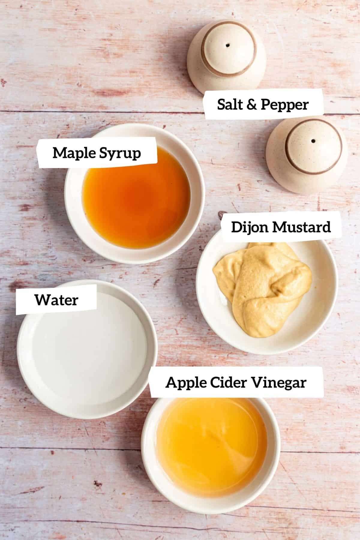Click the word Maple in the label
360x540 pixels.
pos(71,153)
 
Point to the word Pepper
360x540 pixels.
pos(284,105)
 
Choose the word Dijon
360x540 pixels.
pos(250,227)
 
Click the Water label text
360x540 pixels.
pos(56,300)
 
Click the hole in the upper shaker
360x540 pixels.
pos(228,46)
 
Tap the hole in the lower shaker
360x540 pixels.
pos(313,141)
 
